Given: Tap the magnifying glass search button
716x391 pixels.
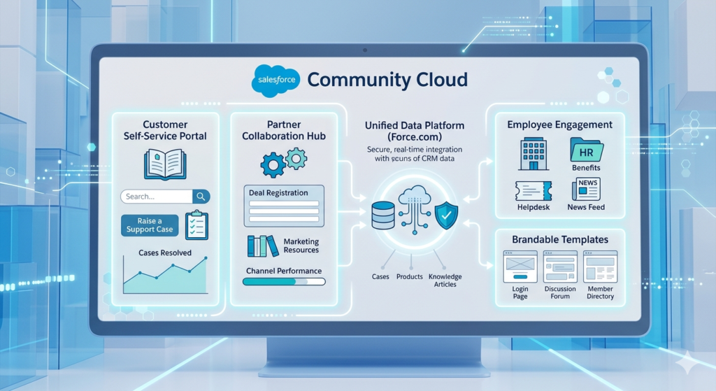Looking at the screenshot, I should tap(201, 197).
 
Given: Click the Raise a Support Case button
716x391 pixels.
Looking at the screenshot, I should tap(150, 225).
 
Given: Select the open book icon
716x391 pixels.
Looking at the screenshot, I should tap(165, 164).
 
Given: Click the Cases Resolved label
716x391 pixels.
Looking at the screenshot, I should tap(165, 253).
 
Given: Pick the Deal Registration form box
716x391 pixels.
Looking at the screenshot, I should tap(284, 206).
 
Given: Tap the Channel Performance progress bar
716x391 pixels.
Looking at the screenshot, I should tap(284, 282).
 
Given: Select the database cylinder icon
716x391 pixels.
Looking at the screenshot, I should tap(383, 215).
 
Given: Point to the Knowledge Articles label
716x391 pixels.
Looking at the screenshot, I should tap(445, 280).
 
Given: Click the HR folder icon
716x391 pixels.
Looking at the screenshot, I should tap(585, 150).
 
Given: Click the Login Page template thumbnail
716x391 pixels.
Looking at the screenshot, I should tap(520, 266).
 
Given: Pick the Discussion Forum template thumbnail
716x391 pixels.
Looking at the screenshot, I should tap(560, 266).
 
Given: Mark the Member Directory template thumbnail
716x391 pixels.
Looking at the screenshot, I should tap(600, 266).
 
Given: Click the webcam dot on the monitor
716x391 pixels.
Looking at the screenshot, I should tap(365, 51).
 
